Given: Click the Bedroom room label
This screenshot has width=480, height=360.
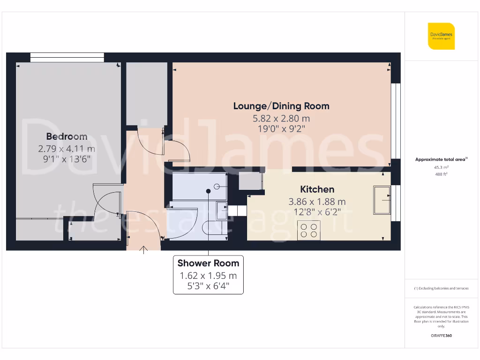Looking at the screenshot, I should tap(67, 136).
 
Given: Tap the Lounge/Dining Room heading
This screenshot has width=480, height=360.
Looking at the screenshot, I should tap(281, 106).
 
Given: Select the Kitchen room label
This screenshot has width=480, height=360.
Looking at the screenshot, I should tap(317, 189).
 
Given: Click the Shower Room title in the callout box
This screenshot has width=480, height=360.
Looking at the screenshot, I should tap(208, 263).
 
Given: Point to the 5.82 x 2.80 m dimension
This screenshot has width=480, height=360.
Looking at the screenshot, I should tap(281, 119).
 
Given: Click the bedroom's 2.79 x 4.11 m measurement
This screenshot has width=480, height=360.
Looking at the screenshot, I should tap(67, 149).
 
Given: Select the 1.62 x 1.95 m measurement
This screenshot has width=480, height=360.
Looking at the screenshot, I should tap(208, 276).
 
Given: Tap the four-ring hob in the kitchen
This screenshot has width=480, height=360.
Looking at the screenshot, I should tap(308, 230).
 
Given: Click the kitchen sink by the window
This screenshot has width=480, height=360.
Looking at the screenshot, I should tap(382, 200).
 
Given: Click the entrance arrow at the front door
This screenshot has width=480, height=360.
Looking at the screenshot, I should tap(144, 249).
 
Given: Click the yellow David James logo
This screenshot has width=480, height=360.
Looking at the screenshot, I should tap(441, 36).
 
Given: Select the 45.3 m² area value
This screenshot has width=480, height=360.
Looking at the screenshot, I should tap(441, 167).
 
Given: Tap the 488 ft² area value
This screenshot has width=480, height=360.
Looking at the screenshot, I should tap(441, 174).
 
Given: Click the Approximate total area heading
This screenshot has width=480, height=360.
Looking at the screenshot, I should tap(441, 159).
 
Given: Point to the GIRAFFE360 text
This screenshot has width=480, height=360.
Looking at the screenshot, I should tap(441, 336).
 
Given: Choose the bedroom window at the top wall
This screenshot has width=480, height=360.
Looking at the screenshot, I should tap(67, 57).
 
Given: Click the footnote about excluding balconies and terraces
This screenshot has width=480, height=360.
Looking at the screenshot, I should tap(441, 288).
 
